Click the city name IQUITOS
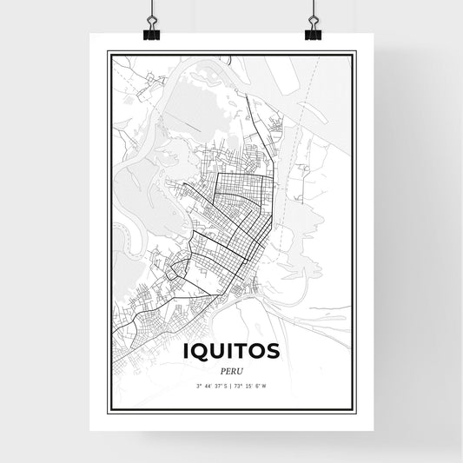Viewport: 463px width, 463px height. (x=231, y=351)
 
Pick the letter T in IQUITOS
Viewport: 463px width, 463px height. (x=244, y=351)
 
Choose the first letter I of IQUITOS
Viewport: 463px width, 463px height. (x=188, y=351)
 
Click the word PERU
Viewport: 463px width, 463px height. (x=231, y=369)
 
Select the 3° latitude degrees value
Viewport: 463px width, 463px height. (x=199, y=385)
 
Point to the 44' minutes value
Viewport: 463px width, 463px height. (x=208, y=385)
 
